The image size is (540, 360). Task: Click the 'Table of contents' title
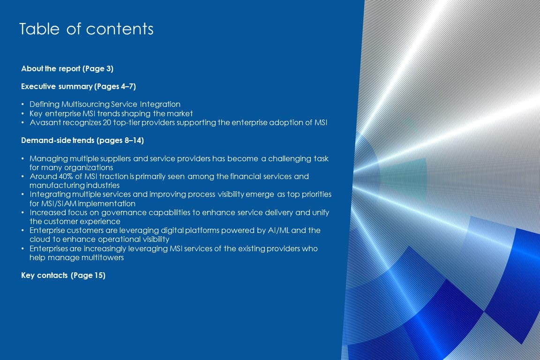(x=86, y=29)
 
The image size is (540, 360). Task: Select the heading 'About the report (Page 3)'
(x=67, y=68)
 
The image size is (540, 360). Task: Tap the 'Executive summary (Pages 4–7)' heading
(x=79, y=86)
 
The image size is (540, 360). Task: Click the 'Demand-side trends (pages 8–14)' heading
(x=82, y=140)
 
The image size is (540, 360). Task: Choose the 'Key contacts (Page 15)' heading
(x=63, y=275)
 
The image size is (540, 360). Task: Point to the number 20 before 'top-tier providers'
(x=107, y=123)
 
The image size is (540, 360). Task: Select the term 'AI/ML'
(x=278, y=231)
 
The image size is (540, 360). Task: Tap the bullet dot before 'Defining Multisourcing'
(x=22, y=105)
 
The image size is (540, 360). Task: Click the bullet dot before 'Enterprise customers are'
(x=22, y=231)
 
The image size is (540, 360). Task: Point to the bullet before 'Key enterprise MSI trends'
(x=22, y=114)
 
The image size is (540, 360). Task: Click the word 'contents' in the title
(x=120, y=29)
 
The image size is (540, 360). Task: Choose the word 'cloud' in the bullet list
(x=39, y=240)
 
